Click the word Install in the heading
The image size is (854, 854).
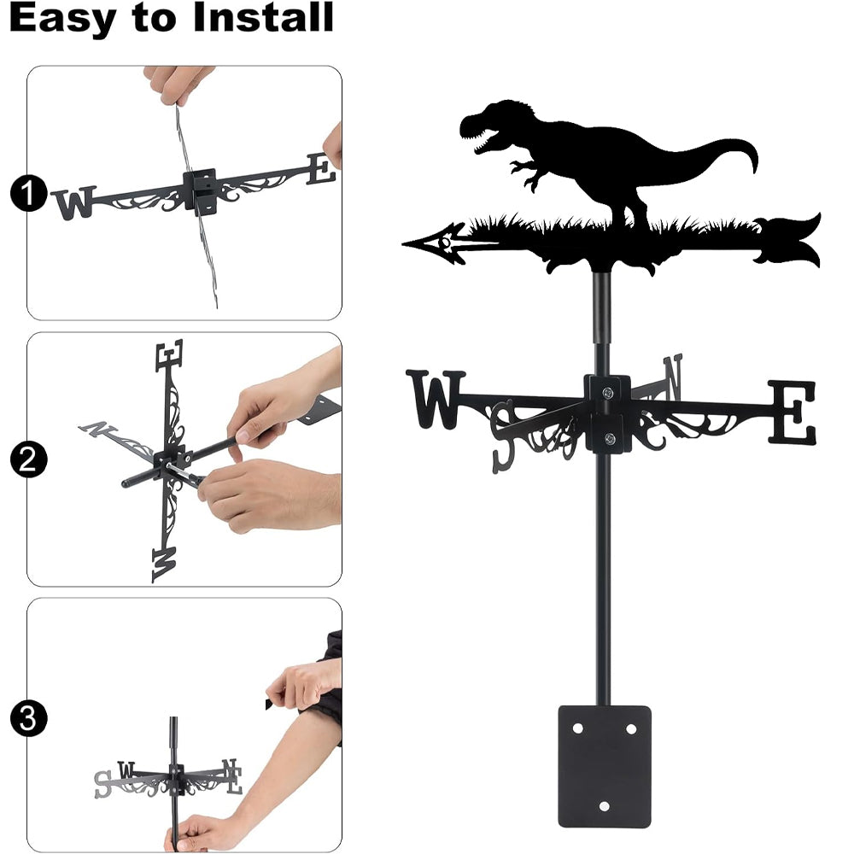[263, 17]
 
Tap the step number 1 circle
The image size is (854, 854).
[29, 193]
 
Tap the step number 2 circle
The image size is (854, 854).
[29, 459]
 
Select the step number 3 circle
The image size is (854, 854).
[29, 718]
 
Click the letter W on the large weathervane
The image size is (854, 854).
[436, 399]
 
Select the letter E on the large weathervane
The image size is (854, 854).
[792, 412]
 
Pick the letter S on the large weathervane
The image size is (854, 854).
[504, 436]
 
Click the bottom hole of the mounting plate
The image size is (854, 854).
[604, 806]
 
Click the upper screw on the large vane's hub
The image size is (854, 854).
[608, 392]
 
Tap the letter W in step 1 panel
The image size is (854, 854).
[73, 202]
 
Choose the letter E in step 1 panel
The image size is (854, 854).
[321, 169]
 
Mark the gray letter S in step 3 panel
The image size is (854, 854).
[102, 784]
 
